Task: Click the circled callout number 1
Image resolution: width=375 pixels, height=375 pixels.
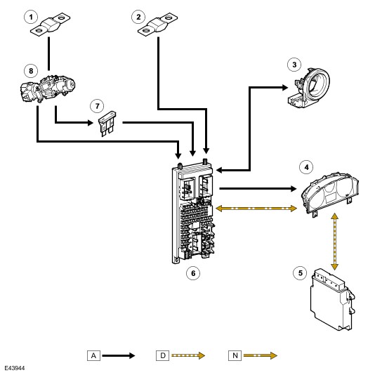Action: pos(31,17)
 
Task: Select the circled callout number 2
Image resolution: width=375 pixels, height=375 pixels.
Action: pos(138,17)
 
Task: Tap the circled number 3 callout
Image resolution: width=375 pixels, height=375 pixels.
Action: pos(294,65)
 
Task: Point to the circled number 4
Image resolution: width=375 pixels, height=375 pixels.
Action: pos(306,167)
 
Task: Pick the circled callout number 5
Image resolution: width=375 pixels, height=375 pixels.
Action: pos(300,273)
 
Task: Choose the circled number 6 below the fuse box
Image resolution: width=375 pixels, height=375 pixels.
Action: pos(193,273)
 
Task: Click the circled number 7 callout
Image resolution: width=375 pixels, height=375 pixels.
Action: pos(97,106)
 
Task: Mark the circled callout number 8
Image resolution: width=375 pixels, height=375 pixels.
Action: pos(31,71)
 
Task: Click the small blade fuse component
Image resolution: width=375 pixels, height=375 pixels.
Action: pos(107,124)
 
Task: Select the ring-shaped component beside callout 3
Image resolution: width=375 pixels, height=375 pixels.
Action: pos(308,88)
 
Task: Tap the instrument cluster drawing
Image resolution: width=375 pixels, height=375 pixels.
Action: pos(330,195)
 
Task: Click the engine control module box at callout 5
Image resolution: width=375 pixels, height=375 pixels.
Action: pos(332,300)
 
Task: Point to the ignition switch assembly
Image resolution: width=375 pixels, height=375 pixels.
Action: pos(47,88)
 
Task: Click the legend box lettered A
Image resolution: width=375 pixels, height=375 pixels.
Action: pos(93,355)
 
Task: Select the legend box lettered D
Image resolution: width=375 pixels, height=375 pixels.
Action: pos(163,355)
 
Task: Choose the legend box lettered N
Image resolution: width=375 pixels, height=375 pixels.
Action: pos(235,355)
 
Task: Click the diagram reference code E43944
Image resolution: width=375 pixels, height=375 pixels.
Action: pos(14,368)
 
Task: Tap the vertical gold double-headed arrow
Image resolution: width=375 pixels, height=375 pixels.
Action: pos(334,242)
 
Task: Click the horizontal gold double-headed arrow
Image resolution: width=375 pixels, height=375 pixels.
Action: pos(256,209)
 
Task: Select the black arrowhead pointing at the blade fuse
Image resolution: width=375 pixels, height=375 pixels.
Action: pos(91,123)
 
